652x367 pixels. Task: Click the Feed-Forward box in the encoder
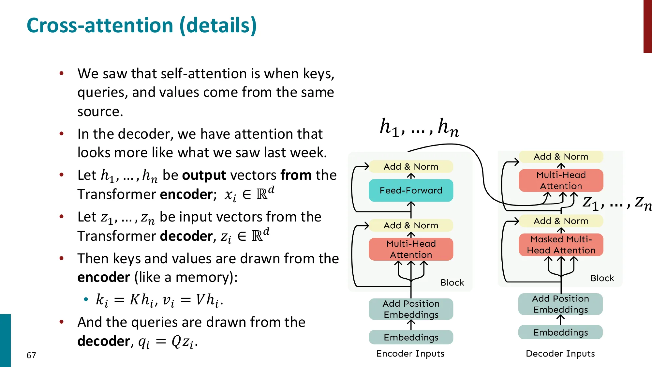click(411, 190)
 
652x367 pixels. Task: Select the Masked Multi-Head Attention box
click(561, 245)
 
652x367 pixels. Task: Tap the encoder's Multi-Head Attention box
click(411, 249)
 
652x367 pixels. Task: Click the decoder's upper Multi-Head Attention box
click(561, 180)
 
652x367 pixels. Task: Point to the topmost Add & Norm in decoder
click(561, 157)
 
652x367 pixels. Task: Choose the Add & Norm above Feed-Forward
click(411, 167)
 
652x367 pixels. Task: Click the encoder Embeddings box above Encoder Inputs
click(411, 337)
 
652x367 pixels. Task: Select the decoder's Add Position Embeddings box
click(560, 304)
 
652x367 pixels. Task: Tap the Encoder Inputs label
click(410, 354)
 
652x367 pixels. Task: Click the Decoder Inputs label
click(560, 354)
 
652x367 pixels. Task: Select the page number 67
click(31, 355)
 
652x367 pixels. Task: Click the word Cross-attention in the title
click(100, 25)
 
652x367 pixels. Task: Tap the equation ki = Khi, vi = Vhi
click(159, 300)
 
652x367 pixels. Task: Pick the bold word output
click(204, 175)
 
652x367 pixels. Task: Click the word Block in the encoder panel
click(452, 283)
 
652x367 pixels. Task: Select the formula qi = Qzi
click(168, 342)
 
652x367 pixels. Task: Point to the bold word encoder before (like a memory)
click(104, 277)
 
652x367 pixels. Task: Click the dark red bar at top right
click(647, 26)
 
